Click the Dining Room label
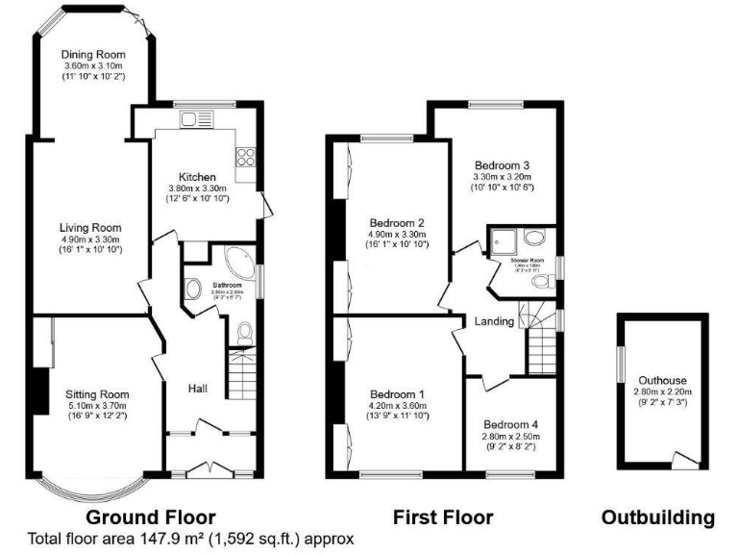93,54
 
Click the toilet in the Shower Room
545,281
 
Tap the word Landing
494,321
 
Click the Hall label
199,388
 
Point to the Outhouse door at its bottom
684,463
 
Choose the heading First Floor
443,517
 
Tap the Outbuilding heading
658,517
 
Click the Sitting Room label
97,394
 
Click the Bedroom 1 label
397,394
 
